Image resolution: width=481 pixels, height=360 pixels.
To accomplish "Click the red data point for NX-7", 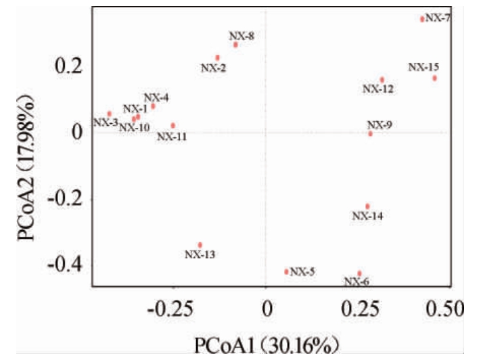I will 422,19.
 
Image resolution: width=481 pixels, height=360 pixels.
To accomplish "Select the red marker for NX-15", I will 434,78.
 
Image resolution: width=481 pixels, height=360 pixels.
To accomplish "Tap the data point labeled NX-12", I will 382,80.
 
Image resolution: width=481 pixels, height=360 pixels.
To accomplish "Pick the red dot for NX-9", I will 370,134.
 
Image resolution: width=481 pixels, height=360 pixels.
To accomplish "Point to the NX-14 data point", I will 367,206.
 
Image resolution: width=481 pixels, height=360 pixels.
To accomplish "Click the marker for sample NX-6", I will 359,273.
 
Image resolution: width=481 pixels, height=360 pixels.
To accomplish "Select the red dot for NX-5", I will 287,271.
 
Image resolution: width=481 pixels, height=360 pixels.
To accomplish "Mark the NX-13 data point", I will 200,245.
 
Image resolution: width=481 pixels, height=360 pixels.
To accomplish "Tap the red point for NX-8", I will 235,45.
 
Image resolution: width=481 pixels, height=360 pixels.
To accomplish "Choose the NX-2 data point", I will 217,58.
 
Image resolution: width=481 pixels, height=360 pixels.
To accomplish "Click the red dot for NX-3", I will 110,114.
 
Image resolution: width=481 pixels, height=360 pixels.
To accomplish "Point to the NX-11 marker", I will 173,125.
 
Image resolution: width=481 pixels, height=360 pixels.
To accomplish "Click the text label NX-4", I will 156,97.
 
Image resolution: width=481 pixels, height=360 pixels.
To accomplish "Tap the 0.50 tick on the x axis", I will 445,310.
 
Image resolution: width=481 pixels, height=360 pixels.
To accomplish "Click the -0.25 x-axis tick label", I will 168,310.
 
